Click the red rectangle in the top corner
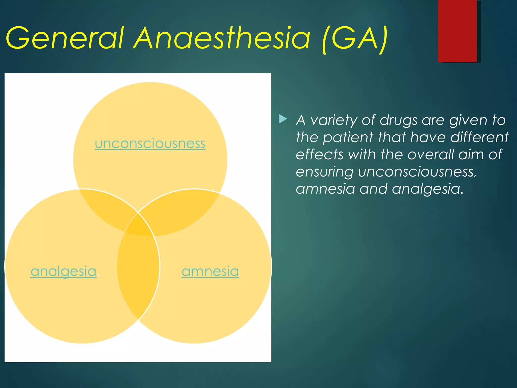coord(457,31)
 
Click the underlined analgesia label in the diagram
coord(64,271)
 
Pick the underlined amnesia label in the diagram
coord(210,271)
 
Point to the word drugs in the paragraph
coord(398,120)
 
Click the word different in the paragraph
coord(479,137)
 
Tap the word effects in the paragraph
coord(319,154)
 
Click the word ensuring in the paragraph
coord(324,172)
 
